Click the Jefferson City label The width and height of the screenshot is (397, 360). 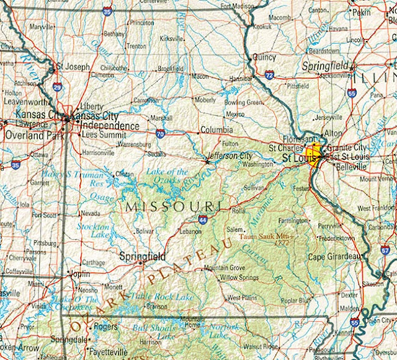pos(230,156)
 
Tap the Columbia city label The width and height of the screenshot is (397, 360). pos(216,131)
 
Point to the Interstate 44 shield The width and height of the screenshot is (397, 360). pos(203,219)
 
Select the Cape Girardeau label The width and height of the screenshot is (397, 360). pos(336,257)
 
